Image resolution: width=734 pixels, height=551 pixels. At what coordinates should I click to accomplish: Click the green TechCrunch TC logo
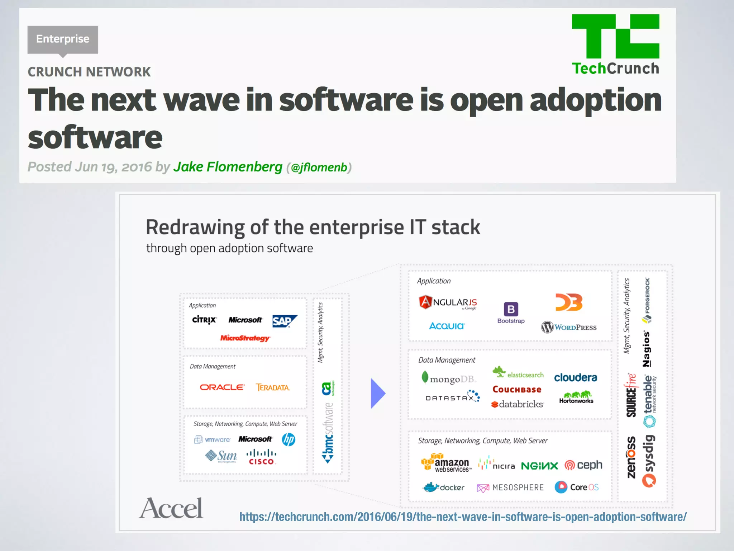615,36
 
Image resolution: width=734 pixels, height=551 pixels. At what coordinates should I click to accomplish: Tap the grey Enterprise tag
63,39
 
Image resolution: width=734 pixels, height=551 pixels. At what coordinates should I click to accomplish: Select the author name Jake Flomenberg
228,167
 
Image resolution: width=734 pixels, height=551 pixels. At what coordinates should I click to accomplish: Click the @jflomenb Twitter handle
319,168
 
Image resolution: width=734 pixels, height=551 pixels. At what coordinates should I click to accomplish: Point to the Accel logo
171,508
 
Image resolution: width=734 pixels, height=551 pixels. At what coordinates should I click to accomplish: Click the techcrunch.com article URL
463,517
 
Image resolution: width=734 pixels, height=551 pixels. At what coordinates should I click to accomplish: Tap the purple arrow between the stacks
377,394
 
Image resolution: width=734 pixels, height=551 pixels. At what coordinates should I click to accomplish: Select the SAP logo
284,321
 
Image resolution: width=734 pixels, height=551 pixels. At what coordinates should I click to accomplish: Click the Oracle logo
222,387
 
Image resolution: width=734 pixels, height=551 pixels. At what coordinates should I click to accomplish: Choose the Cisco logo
261,457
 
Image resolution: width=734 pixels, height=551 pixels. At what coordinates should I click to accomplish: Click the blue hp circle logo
289,439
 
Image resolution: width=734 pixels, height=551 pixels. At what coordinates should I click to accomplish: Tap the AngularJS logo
448,302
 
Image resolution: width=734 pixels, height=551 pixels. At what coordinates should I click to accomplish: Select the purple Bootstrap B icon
511,309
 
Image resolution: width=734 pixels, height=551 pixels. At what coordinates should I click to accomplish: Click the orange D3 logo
569,302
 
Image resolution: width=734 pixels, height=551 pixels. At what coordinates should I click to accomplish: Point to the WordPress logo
569,327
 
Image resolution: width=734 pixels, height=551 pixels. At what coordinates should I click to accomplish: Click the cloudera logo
576,377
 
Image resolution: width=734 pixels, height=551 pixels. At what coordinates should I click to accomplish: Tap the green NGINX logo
539,466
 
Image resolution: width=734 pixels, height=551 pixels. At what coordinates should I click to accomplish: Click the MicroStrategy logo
245,338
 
